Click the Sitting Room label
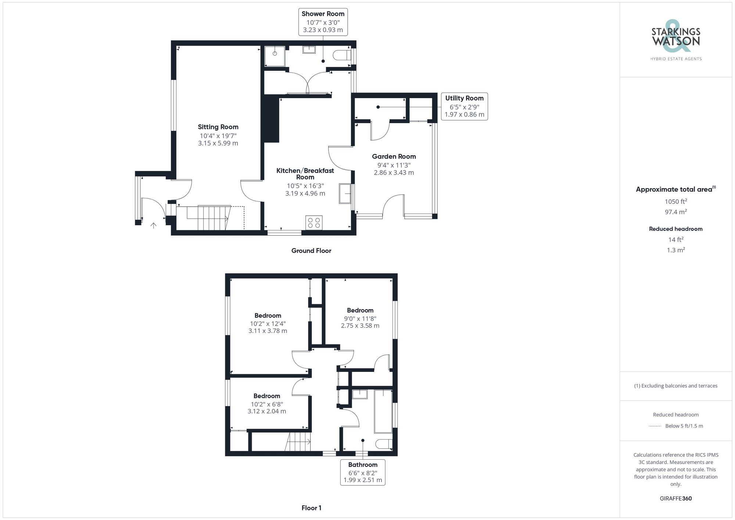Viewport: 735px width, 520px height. [x=218, y=127]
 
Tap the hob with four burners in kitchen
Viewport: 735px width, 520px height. [x=314, y=223]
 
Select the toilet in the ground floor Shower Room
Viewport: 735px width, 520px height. [x=341, y=55]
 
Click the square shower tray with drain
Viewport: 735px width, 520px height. [x=275, y=56]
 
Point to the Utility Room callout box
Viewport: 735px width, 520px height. [x=464, y=106]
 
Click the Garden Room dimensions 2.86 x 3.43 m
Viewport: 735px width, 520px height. [x=394, y=173]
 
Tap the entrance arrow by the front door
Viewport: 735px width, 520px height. [x=154, y=225]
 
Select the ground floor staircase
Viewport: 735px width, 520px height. [x=208, y=218]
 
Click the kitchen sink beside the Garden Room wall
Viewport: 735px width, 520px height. [x=345, y=193]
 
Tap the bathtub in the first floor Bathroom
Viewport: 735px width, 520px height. [x=383, y=411]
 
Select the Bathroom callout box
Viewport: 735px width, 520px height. [x=363, y=472]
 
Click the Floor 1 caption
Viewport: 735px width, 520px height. [x=311, y=508]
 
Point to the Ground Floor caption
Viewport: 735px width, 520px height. [x=311, y=251]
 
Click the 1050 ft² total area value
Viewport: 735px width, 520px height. [x=675, y=201]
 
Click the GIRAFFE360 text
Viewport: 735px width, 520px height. [x=675, y=499]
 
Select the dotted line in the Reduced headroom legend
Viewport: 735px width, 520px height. [x=655, y=426]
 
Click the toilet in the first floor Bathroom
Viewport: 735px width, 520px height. [x=384, y=444]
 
